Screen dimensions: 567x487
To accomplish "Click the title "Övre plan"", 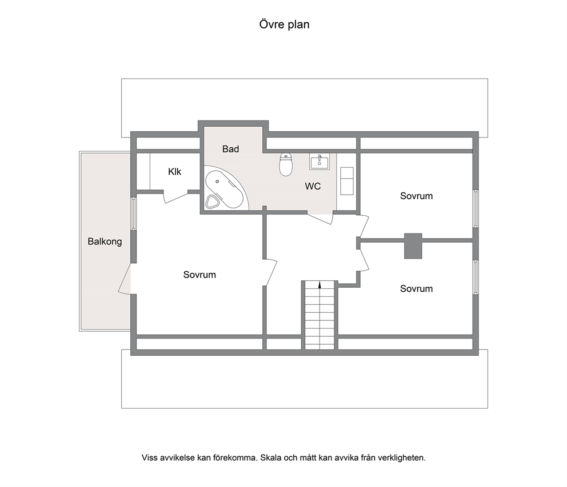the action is click(284, 25).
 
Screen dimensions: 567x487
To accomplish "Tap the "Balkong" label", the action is click(105, 242).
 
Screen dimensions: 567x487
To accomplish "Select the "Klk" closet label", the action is click(175, 172).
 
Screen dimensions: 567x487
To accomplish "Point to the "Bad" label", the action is click(231, 149).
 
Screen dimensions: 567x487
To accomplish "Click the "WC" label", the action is click(313, 187).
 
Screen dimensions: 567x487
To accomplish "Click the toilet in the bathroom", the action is click(286, 164).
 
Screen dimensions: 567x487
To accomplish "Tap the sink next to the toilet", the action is click(320, 162).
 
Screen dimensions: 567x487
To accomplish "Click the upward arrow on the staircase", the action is click(320, 285).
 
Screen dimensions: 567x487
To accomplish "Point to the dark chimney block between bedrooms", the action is click(413, 246).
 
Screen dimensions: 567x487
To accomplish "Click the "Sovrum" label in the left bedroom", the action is click(199, 275).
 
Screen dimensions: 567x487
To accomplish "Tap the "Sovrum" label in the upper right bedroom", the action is click(416, 196).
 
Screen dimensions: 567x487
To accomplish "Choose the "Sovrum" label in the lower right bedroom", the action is click(416, 289).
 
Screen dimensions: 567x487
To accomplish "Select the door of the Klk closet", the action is click(176, 197).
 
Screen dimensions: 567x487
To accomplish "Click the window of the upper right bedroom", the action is click(476, 209).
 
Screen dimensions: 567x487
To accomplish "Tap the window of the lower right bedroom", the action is click(476, 277).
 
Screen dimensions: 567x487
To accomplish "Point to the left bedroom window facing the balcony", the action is click(133, 214).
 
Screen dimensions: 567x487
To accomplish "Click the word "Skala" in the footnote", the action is click(271, 458).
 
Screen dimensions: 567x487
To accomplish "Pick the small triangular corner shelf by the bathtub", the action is click(211, 202).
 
